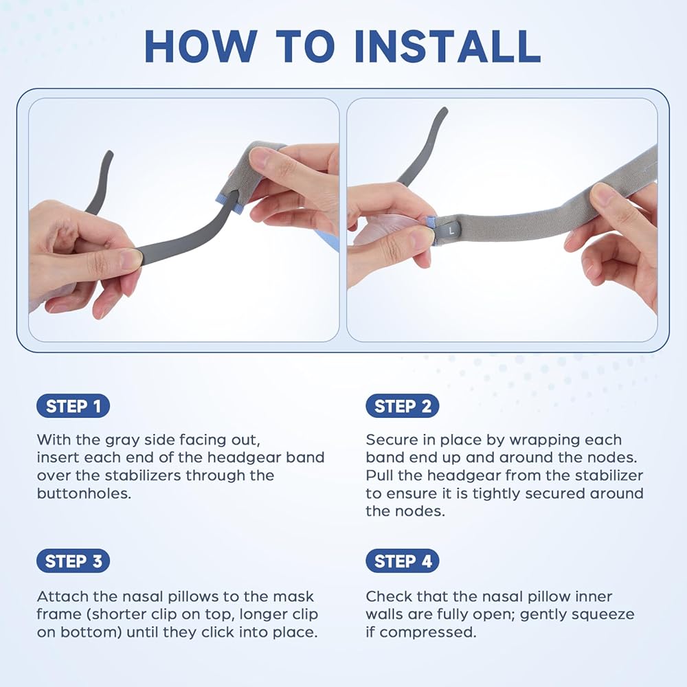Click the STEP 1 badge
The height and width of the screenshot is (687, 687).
coord(74,406)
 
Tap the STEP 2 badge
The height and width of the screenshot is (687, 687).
coord(402,406)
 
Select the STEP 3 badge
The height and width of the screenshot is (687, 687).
coord(74,561)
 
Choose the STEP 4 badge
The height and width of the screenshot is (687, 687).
coord(402,561)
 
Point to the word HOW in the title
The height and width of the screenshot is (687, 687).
coord(201,47)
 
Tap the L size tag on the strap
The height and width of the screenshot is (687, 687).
coord(452,230)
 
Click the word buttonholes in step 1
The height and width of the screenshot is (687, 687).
coord(84,494)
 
